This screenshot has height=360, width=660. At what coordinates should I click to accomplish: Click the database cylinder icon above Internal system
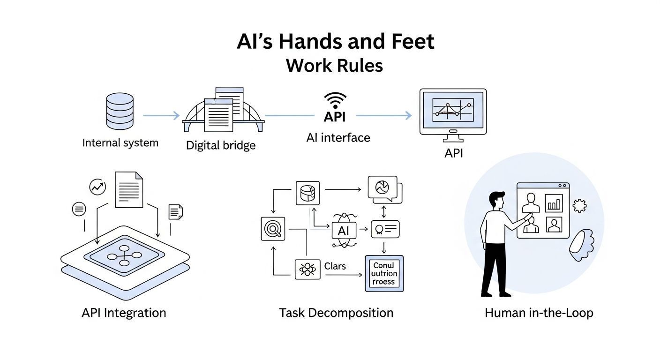tap(120, 111)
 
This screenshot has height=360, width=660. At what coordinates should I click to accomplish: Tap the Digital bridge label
tap(221, 145)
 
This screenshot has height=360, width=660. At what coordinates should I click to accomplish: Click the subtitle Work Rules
tap(334, 65)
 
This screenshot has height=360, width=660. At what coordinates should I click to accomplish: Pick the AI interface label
tap(338, 137)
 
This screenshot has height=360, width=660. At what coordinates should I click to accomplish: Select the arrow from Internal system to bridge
tap(161, 115)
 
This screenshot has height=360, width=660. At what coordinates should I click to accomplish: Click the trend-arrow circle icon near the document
tap(97, 187)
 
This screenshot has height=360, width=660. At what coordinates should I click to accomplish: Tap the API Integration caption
tap(124, 313)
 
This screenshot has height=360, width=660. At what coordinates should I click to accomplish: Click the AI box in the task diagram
tap(344, 231)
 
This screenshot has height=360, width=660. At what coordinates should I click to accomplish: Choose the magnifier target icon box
tap(273, 229)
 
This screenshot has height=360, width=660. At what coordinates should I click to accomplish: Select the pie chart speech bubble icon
tap(382, 189)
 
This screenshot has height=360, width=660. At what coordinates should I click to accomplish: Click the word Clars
tap(335, 266)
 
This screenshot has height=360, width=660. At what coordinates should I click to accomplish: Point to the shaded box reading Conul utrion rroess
tap(383, 273)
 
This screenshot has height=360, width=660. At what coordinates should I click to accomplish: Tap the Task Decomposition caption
tap(336, 313)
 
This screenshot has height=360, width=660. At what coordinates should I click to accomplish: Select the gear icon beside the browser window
tap(580, 205)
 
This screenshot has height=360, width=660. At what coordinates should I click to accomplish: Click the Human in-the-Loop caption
tap(539, 313)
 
